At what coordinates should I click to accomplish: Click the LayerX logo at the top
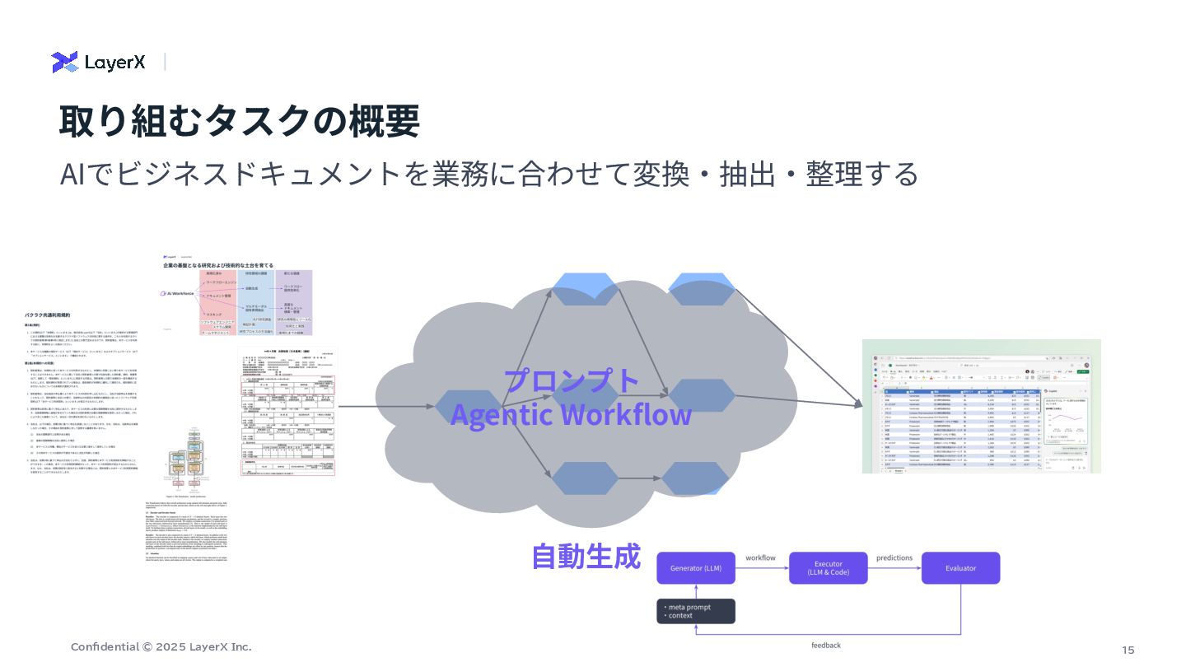(x=98, y=62)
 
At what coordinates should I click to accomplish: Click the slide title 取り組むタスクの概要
(x=239, y=121)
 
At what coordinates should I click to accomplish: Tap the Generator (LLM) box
(x=695, y=568)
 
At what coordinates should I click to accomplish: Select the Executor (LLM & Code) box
(x=828, y=568)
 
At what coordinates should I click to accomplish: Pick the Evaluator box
(x=960, y=568)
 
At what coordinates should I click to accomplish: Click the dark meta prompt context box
(x=695, y=611)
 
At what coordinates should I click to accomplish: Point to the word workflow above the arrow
(x=761, y=558)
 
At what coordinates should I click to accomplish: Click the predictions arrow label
(x=894, y=558)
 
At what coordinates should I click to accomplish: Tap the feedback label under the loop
(x=826, y=646)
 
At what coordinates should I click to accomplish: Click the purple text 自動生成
(x=586, y=557)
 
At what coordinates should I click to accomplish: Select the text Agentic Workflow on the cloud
(x=571, y=414)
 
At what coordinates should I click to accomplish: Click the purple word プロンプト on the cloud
(x=572, y=380)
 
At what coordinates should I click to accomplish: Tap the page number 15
(x=1128, y=651)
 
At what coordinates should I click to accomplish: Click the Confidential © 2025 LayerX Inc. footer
(x=161, y=647)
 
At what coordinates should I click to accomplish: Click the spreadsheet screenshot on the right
(x=981, y=406)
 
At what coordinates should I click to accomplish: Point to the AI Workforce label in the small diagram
(x=180, y=293)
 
